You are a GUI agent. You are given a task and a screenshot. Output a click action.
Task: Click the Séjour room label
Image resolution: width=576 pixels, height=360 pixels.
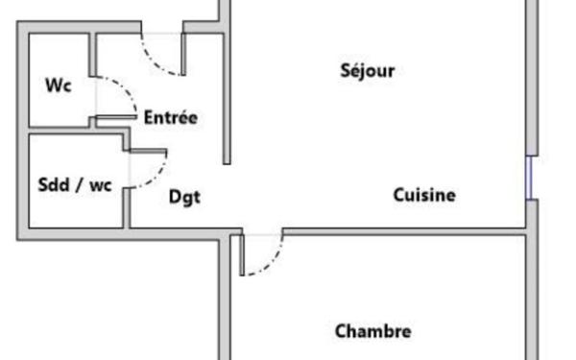tap(368, 70)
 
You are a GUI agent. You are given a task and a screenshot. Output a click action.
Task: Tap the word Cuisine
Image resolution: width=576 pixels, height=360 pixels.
tap(424, 195)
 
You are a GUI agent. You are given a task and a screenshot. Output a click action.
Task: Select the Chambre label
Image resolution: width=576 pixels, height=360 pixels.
tap(373, 331)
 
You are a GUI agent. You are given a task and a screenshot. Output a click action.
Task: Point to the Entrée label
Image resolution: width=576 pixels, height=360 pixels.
tap(170, 118)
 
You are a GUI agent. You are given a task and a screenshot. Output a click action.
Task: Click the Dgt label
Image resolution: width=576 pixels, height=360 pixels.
tap(184, 197)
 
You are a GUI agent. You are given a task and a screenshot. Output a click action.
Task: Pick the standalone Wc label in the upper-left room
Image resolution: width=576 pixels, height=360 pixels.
tap(59, 84)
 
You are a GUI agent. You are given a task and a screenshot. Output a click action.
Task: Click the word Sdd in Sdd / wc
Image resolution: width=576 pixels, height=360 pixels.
tap(53, 184)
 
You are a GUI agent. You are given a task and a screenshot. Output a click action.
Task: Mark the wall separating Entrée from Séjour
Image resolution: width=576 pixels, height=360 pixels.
tap(228, 96)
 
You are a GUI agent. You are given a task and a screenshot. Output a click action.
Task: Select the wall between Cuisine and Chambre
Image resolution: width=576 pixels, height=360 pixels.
tap(403, 230)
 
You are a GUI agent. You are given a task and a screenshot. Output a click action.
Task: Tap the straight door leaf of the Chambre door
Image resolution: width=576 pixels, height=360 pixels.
tap(242, 253)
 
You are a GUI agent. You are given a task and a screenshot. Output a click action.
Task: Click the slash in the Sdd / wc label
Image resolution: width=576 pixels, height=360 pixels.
tap(80, 184)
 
